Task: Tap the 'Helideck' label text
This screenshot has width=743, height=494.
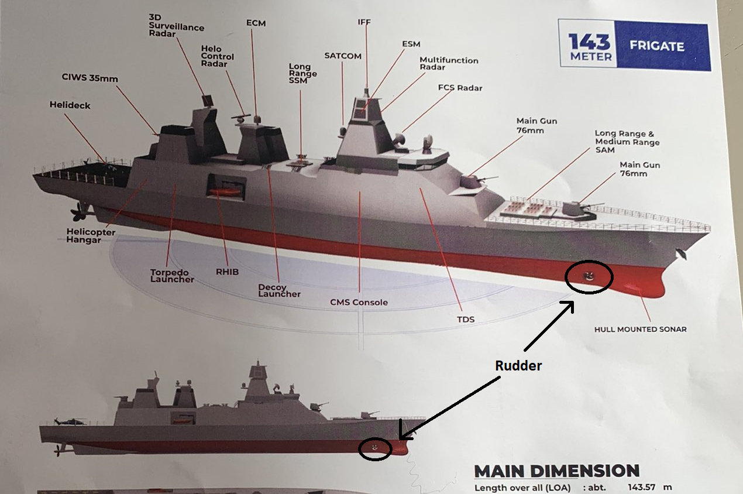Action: click(70, 105)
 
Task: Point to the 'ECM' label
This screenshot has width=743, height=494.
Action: click(255, 22)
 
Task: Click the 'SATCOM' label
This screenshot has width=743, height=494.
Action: click(343, 56)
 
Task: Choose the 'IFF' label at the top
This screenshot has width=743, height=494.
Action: click(364, 22)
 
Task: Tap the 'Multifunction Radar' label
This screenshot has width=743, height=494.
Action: click(449, 63)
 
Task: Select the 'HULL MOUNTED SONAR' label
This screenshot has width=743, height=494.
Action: click(640, 329)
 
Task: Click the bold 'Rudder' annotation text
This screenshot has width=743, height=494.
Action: click(518, 366)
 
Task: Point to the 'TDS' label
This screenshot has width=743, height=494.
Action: click(466, 319)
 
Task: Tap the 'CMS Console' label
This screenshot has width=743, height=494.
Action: click(359, 302)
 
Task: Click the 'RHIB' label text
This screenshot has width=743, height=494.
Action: click(227, 272)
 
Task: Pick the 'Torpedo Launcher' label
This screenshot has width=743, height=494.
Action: click(172, 276)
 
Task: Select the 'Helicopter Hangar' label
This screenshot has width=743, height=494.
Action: click(91, 236)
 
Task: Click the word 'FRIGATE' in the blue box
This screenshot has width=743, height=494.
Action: click(656, 46)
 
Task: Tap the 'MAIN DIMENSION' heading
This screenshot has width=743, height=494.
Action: click(556, 471)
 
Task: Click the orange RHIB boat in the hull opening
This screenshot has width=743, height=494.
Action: click(225, 191)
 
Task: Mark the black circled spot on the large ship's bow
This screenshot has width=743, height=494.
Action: click(589, 276)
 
